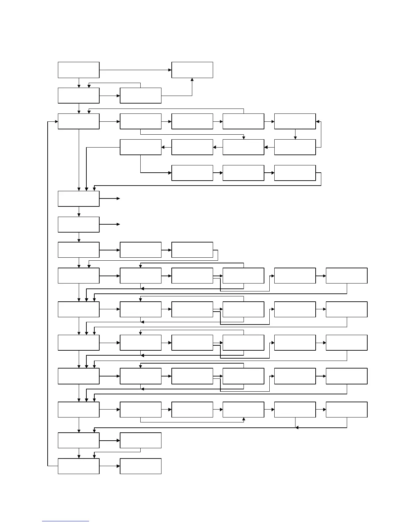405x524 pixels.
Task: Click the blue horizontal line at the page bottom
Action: [x=66, y=521]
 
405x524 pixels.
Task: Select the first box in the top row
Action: [x=78, y=70]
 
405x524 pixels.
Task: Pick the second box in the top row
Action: [x=192, y=70]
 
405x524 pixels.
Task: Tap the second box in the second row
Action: [x=140, y=96]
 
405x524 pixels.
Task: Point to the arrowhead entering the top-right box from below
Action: [x=192, y=80]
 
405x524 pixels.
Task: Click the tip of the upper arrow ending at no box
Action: [x=119, y=198]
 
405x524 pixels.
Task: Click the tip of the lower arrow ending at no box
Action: [x=119, y=224]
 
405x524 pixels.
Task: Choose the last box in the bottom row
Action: [x=140, y=466]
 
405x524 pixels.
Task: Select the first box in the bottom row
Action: [x=78, y=466]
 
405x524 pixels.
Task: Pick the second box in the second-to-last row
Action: [x=140, y=440]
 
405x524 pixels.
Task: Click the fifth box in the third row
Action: [x=295, y=121]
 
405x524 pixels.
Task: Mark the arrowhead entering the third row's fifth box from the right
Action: [x=318, y=121]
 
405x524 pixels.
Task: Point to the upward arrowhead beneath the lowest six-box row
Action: [x=244, y=419]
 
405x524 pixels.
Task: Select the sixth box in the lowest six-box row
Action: [x=346, y=410]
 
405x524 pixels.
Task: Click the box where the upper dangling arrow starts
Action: [x=78, y=198]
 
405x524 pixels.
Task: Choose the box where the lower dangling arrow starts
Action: [x=78, y=224]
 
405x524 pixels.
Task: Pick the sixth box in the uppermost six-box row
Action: [x=346, y=276]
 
